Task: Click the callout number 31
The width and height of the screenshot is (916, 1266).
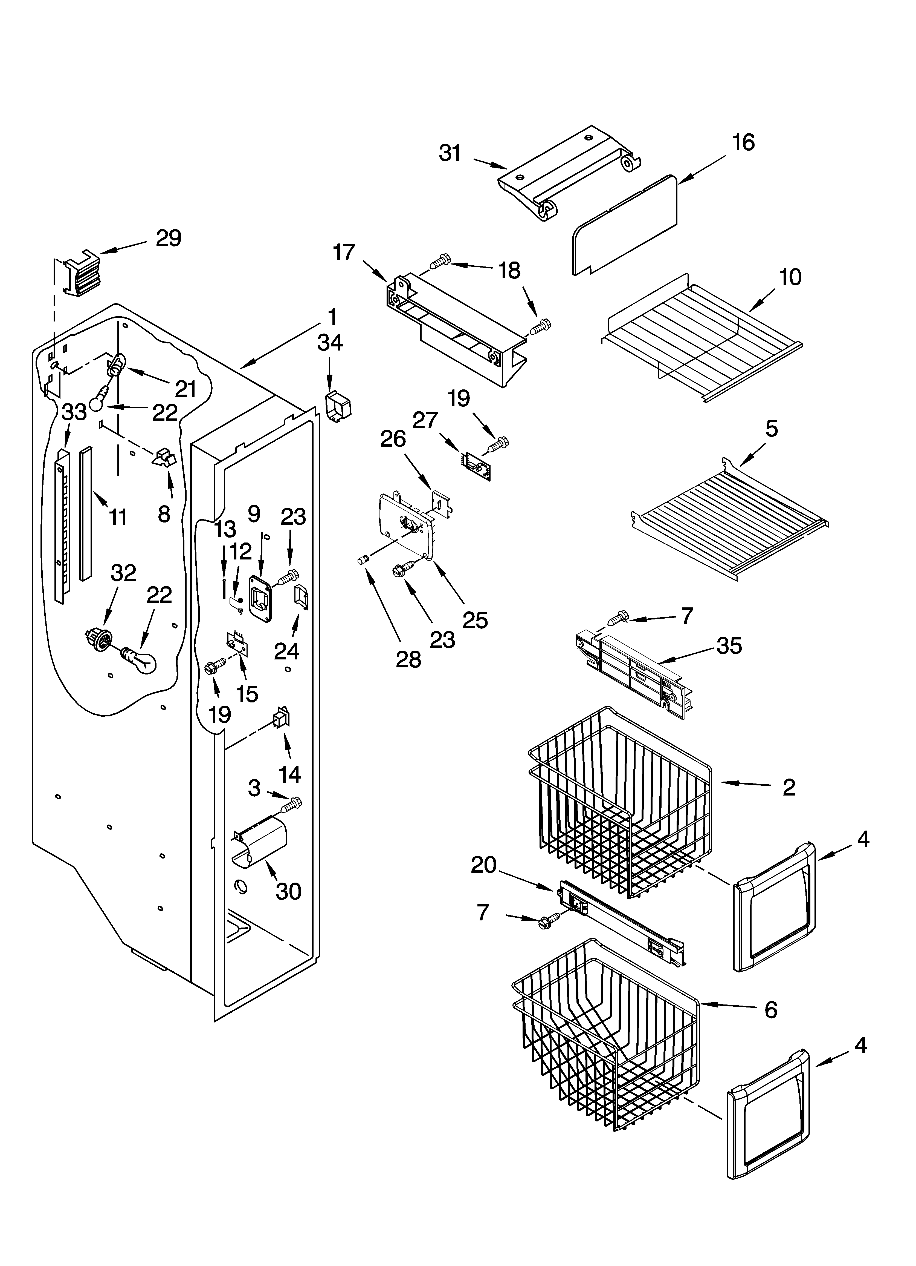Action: click(x=450, y=152)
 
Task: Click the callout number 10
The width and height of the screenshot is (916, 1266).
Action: click(x=790, y=277)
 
